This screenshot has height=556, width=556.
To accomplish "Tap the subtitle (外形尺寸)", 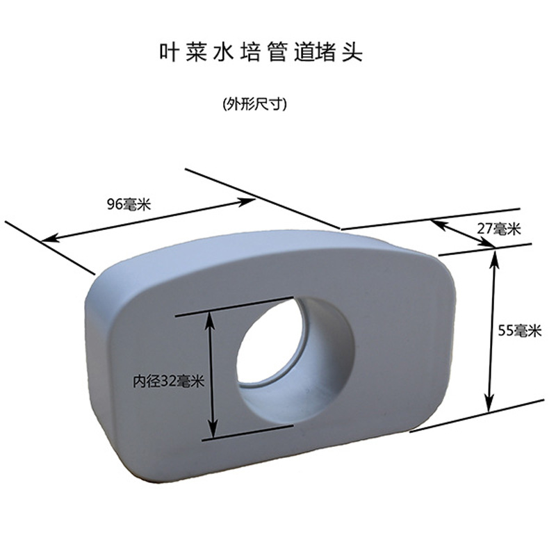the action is coord(255,104).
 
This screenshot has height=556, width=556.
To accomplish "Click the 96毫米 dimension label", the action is coord(129,204).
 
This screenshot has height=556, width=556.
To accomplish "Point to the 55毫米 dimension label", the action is coord(520,332).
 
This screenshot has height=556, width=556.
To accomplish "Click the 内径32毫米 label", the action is coord(169,381).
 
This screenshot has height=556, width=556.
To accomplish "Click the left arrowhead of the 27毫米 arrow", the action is coord(435,223).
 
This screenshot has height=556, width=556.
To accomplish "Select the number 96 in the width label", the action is coord(115,204).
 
